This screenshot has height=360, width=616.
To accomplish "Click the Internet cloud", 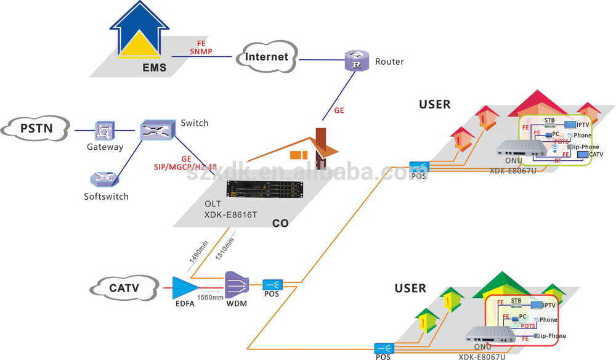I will click(x=266, y=57).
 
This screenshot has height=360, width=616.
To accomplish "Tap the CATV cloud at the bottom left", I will click(x=124, y=287).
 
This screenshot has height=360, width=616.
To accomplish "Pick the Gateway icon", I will click(x=104, y=131).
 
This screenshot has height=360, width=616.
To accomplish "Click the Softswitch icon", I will click(x=101, y=179).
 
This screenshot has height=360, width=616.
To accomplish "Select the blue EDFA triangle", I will click(x=185, y=287).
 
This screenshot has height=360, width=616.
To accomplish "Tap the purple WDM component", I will click(x=237, y=284).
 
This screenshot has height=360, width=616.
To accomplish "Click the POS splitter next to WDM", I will click(x=272, y=285).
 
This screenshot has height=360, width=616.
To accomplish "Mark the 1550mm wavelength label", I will click(x=210, y=297).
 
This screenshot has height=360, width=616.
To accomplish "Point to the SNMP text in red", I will click(x=201, y=52).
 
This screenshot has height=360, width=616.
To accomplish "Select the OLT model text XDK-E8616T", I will click(x=230, y=215).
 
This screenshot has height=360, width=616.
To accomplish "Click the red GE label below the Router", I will click(x=339, y=111).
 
